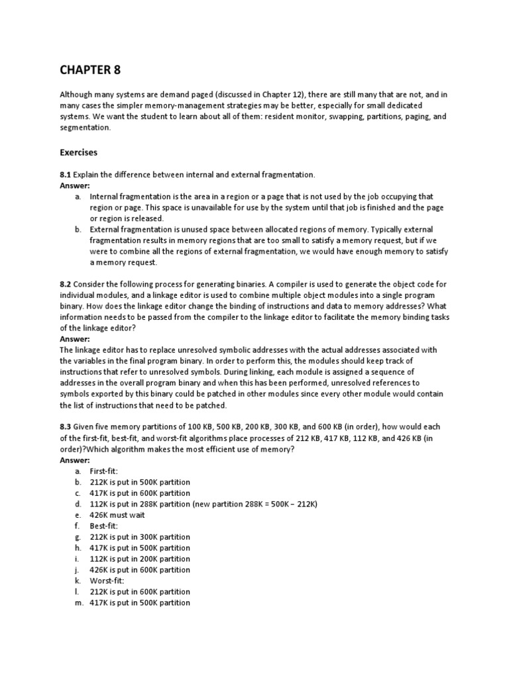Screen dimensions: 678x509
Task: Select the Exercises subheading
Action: point(78,152)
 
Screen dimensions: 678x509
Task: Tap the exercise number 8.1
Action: point(66,175)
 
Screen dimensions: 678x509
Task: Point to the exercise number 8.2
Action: point(66,283)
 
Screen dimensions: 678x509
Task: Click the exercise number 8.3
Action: point(66,427)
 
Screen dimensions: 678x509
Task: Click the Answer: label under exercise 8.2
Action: point(75,338)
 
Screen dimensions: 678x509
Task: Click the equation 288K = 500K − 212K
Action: point(273,504)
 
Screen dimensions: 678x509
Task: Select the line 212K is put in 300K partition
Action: point(139,537)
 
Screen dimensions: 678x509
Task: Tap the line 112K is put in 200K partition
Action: point(139,559)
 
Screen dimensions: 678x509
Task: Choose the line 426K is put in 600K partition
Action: point(139,569)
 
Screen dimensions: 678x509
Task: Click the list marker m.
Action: point(78,603)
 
